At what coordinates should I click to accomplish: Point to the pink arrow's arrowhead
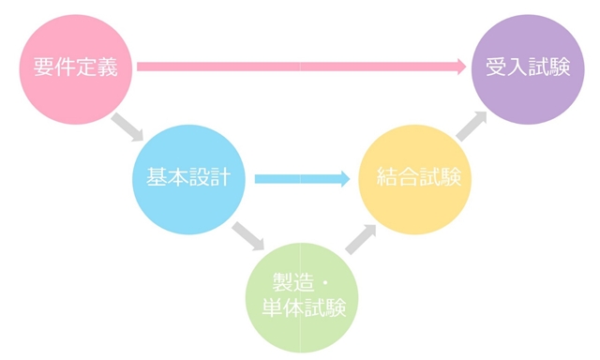[x=459, y=67]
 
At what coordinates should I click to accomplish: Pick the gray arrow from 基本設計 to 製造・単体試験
[x=247, y=234]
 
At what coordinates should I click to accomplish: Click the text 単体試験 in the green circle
[x=302, y=307]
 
